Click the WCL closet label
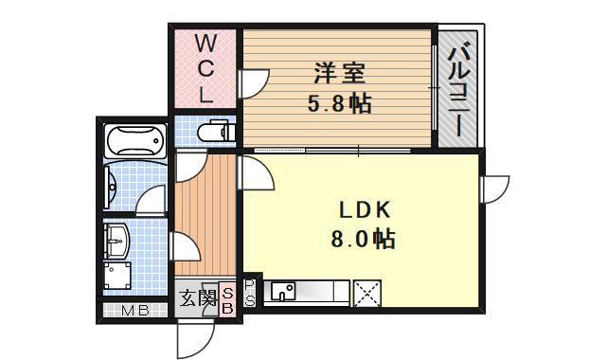(205, 68)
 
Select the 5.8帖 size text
(338, 102)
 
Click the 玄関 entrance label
(197, 300)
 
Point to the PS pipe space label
(250, 293)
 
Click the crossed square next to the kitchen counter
(365, 293)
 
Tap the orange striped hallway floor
(205, 218)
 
